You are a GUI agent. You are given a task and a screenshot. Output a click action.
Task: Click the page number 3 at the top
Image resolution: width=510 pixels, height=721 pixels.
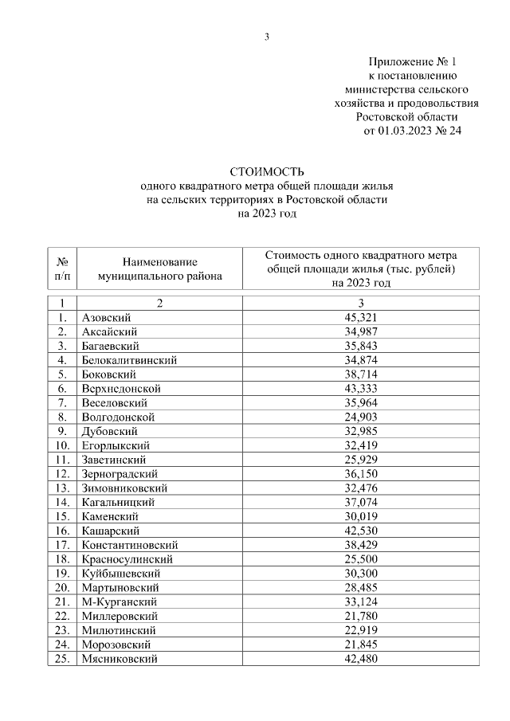(267, 36)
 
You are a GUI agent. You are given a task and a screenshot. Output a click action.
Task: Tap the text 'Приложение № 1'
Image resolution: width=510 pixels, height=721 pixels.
(414, 61)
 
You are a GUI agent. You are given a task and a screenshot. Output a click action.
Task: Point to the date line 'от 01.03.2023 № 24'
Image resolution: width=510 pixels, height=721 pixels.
(413, 130)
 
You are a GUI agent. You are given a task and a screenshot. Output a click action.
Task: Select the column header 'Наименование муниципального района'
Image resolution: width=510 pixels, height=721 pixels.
(159, 269)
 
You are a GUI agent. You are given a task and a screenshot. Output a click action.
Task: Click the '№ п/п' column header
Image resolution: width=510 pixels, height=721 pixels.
(62, 269)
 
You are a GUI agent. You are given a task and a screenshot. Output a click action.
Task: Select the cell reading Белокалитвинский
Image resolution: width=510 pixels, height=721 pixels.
(128, 360)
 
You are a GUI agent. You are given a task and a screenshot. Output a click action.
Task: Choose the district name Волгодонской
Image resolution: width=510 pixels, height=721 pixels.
(118, 417)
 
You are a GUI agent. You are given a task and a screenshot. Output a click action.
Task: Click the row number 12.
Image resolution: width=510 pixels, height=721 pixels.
(62, 473)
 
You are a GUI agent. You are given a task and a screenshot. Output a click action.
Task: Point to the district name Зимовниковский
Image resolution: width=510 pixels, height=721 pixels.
(124, 488)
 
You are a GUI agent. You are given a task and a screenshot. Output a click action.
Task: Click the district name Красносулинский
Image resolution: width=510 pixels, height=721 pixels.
(127, 559)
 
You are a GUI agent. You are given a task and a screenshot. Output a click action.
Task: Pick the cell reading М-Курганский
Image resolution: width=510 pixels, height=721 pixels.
(119, 601)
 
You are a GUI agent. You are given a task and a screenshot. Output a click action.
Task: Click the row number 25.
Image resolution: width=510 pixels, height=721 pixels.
(62, 659)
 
